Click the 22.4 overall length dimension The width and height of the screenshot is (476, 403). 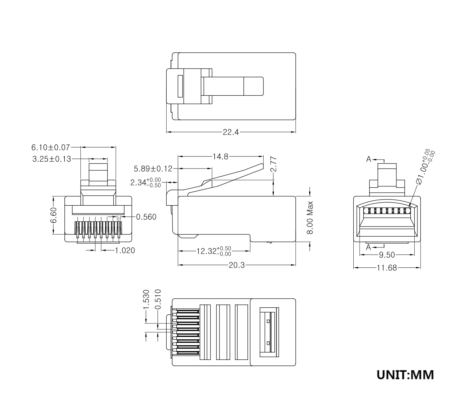click(231, 132)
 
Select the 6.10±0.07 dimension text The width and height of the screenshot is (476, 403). click(50, 147)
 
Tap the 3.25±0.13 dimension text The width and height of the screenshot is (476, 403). click(51, 159)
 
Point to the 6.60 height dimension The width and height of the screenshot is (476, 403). click(54, 215)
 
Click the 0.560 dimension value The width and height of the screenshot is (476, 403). click(146, 217)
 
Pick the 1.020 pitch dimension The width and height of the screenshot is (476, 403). click(125, 250)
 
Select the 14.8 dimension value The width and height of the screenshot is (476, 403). click(220, 157)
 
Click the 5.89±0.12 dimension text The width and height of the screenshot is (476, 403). click(153, 169)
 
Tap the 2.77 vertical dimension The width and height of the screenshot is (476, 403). click(273, 164)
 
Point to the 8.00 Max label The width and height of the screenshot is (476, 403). click(310, 217)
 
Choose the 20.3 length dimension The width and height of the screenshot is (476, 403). click(237, 265)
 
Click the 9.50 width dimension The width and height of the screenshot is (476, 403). click(387, 255)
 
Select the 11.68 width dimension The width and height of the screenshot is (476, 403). click(386, 268)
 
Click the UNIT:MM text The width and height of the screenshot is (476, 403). click(405, 375)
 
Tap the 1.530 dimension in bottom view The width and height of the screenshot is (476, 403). click(146, 300)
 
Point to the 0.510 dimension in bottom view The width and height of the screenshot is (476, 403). click(158, 300)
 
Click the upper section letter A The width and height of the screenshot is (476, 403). click(369, 159)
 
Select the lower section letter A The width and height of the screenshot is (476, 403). click(368, 247)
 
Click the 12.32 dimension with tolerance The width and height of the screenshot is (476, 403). click(214, 251)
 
